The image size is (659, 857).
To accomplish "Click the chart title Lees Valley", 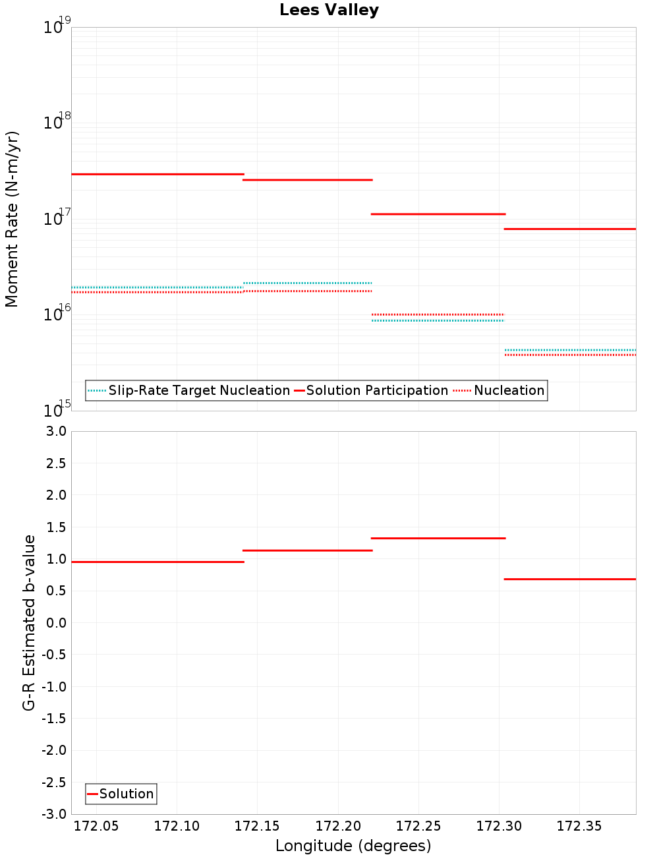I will pyautogui.click(x=329, y=10).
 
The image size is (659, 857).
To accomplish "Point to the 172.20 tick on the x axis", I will pyautogui.click(x=338, y=826).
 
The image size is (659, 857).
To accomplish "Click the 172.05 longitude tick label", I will pyautogui.click(x=97, y=826).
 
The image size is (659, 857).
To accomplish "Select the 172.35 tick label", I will pyautogui.click(x=579, y=826).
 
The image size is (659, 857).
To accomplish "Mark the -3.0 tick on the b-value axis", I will pyautogui.click(x=53, y=814).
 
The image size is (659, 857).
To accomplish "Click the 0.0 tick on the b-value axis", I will pyautogui.click(x=56, y=623).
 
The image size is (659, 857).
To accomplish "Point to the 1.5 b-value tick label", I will pyautogui.click(x=56, y=527).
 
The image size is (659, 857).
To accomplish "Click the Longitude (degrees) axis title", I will pyautogui.click(x=353, y=846).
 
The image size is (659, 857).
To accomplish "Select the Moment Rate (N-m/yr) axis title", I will pyautogui.click(x=12, y=219).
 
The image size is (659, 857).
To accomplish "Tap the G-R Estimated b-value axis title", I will pyautogui.click(x=29, y=623).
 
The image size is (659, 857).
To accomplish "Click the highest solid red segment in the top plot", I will pyautogui.click(x=158, y=174).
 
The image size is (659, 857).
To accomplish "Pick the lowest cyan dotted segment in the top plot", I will pyautogui.click(x=569, y=350).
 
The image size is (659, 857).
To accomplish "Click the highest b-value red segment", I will pyautogui.click(x=438, y=539).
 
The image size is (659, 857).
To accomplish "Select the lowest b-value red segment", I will pyautogui.click(x=569, y=579).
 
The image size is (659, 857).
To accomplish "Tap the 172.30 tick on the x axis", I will pyautogui.click(x=499, y=826).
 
